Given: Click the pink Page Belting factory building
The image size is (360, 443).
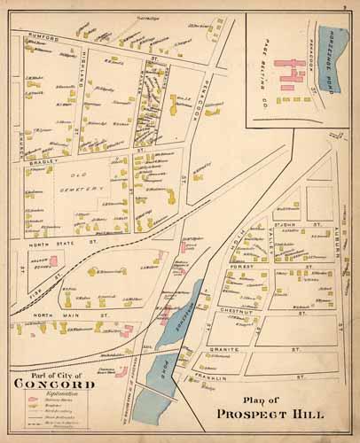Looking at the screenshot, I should tap(289, 75).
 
